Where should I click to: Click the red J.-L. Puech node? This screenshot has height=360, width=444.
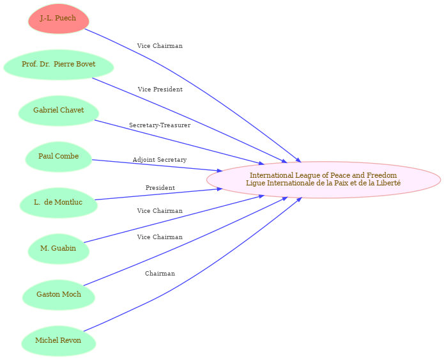pyautogui.click(x=59, y=19)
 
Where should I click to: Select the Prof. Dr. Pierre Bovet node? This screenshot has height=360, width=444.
pyautogui.click(x=59, y=65)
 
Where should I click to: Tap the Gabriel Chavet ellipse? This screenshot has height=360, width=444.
pyautogui.click(x=59, y=111)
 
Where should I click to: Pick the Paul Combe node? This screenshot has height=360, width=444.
pyautogui.click(x=59, y=157)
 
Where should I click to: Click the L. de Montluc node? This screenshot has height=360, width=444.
pyautogui.click(x=59, y=203)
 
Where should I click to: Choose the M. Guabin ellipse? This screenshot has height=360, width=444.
pyautogui.click(x=59, y=249)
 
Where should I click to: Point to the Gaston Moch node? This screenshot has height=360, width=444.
pyautogui.click(x=59, y=295)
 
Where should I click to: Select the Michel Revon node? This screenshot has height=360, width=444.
pyautogui.click(x=59, y=341)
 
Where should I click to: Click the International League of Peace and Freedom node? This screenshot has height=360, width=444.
pyautogui.click(x=323, y=180)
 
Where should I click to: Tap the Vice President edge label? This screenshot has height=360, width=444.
pyautogui.click(x=160, y=90)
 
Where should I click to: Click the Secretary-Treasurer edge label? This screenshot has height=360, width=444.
pyautogui.click(x=160, y=125)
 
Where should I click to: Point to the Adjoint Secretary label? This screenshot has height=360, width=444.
pyautogui.click(x=160, y=160)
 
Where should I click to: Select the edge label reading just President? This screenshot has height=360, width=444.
pyautogui.click(x=160, y=187)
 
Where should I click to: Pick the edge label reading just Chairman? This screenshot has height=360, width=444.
pyautogui.click(x=160, y=273)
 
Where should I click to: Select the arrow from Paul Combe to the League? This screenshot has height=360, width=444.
pyautogui.click(x=157, y=166)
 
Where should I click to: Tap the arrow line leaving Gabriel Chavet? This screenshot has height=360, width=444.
pyautogui.click(x=180, y=142)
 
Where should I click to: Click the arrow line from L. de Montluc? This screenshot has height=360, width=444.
pyautogui.click(x=158, y=194)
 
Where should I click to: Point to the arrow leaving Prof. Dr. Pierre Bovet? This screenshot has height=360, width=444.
pyautogui.click(x=190, y=120)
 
